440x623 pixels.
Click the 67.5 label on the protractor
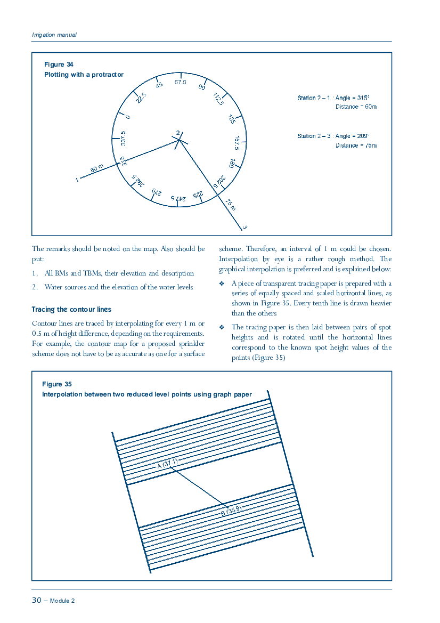coord(181,82)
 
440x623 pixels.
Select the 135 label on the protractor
coord(232,119)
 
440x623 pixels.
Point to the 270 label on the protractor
coord(156,191)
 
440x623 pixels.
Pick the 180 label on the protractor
coord(232,163)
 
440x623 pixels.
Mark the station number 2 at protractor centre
coord(178,133)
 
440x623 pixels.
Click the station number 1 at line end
coord(77,180)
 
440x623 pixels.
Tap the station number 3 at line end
coord(245,228)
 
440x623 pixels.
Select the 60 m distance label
coord(96,168)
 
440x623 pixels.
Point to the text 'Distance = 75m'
coord(356,145)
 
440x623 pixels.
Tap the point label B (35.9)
coord(232,511)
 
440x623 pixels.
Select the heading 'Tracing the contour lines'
coord(71,309)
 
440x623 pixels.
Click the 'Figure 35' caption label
coord(57,384)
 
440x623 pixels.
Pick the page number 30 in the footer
coord(37,600)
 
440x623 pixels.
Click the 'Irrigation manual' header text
coord(54,35)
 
